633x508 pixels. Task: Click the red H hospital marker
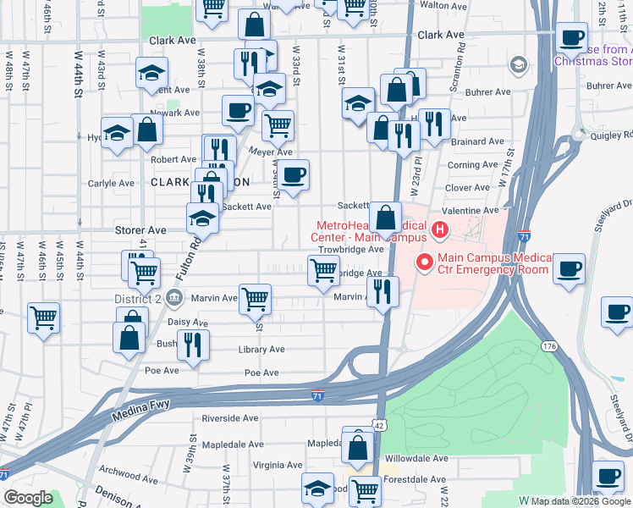(x=439, y=229)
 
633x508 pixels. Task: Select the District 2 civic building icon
(x=174, y=297)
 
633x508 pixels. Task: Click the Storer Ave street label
(x=140, y=229)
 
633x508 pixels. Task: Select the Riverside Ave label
(x=229, y=418)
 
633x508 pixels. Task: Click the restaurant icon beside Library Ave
(x=194, y=345)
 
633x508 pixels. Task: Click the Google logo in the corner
(x=28, y=498)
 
